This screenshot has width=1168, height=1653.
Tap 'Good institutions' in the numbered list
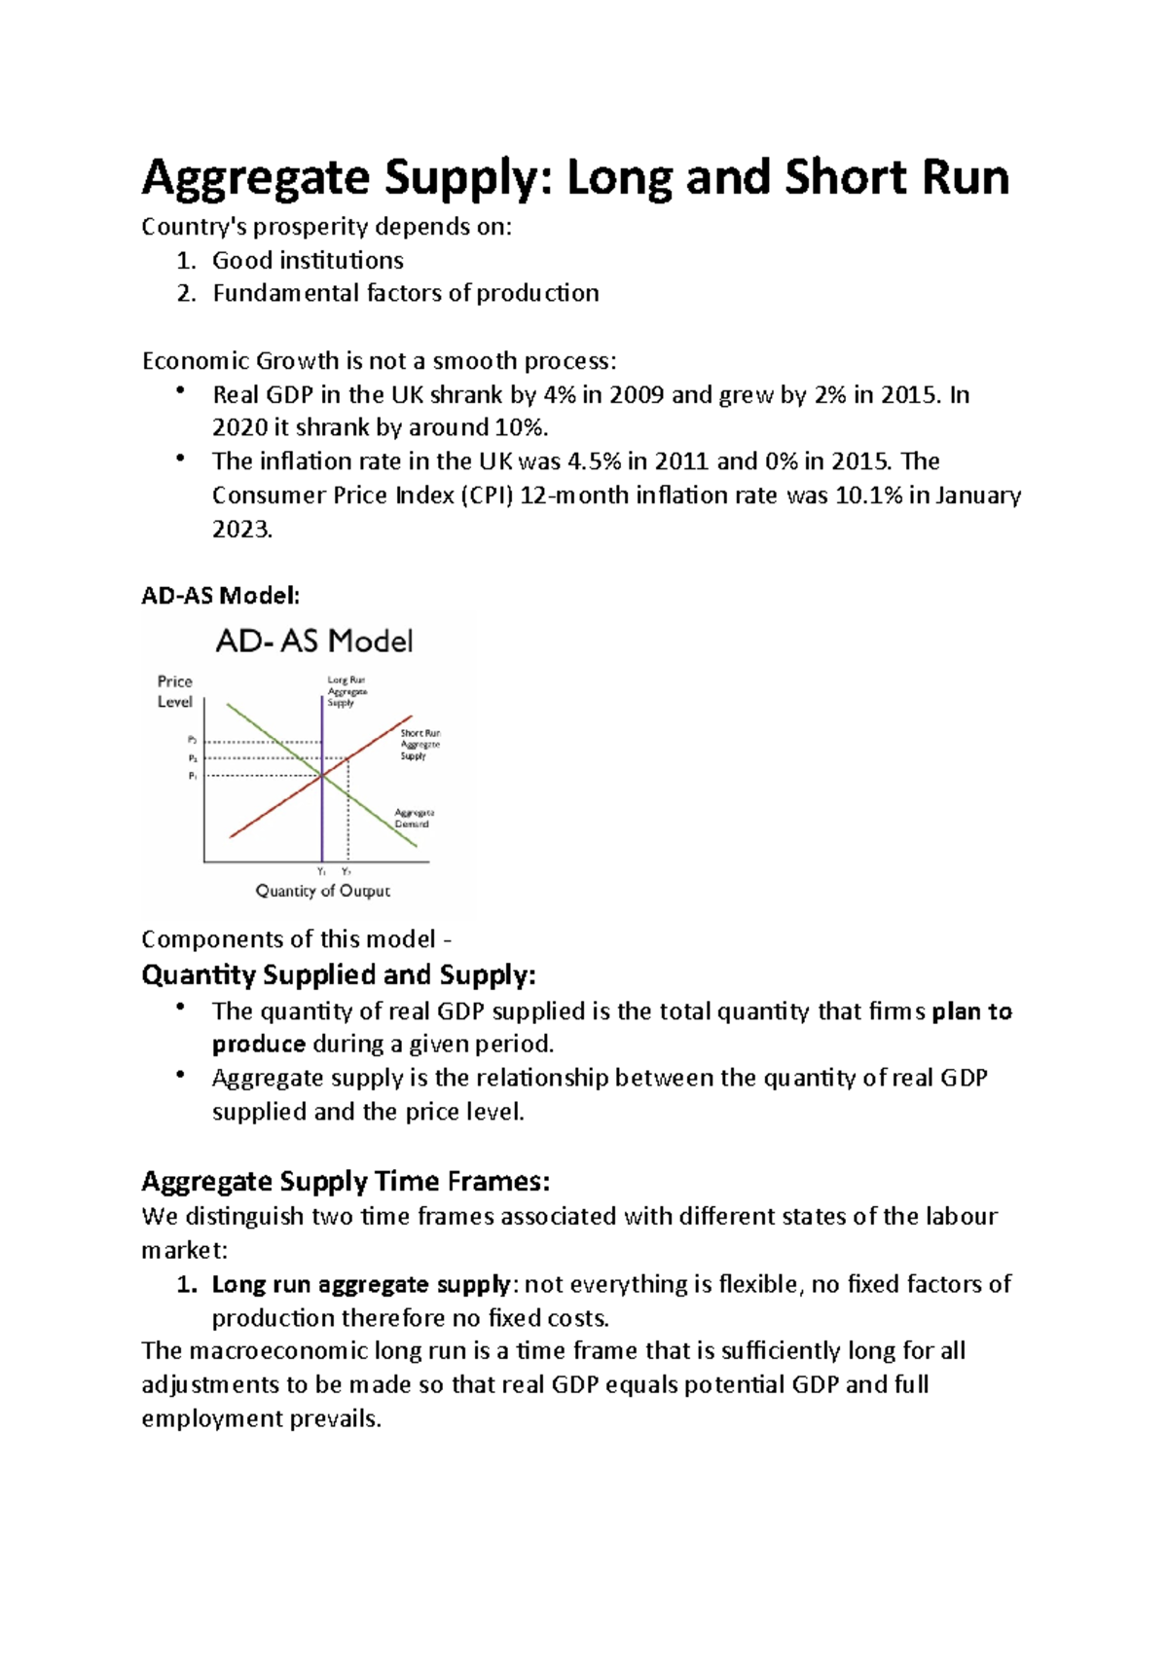[x=308, y=261]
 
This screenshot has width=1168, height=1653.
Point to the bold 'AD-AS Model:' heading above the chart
[x=221, y=596]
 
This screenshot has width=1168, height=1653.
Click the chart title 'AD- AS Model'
[x=313, y=642]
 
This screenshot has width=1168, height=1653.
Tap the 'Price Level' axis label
[x=175, y=691]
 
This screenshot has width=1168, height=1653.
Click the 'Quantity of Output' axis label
[x=322, y=891]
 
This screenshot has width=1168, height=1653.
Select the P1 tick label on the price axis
[x=193, y=777]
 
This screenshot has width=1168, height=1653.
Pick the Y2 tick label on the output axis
[x=347, y=871]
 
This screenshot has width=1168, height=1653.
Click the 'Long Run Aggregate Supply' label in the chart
[x=347, y=691]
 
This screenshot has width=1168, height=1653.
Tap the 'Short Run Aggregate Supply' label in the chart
[x=420, y=745]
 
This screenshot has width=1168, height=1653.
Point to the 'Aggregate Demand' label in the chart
[x=414, y=818]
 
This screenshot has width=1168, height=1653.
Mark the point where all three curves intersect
[x=322, y=776]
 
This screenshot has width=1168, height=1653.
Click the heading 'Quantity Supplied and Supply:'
[x=338, y=975]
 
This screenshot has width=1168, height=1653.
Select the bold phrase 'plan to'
[x=971, y=1012]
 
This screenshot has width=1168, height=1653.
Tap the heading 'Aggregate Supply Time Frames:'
[x=346, y=1182]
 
